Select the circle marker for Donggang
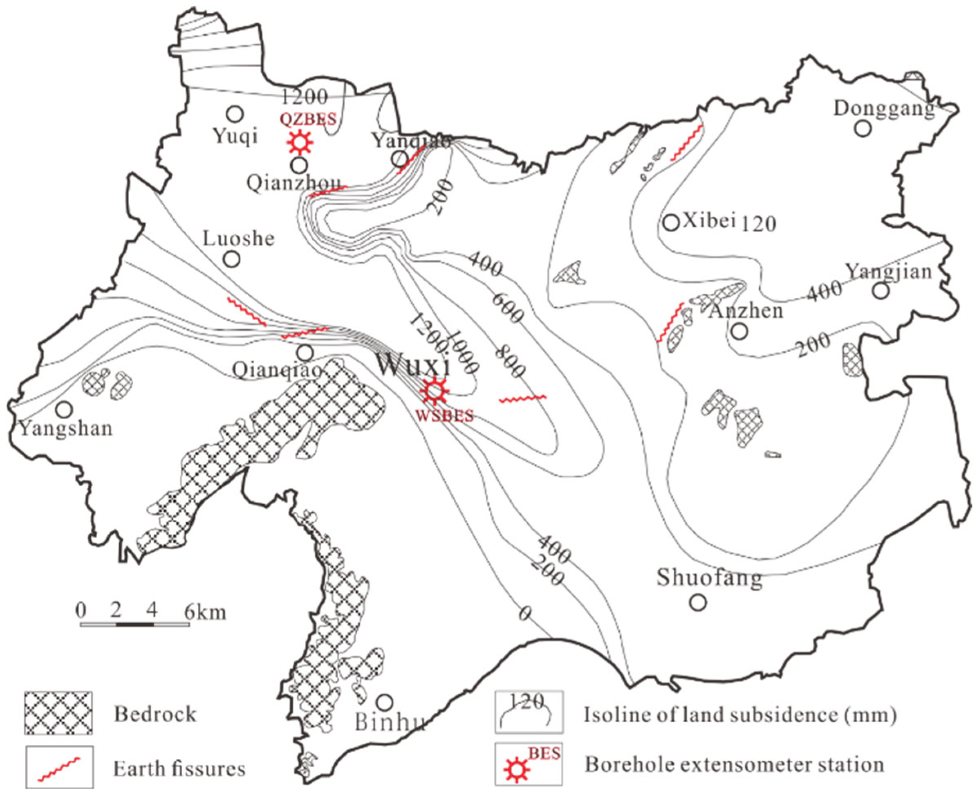click(863, 128)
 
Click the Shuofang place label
click(709, 578)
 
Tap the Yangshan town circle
click(65, 409)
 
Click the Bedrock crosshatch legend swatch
click(58, 713)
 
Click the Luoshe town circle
click(232, 259)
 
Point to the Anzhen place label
click(746, 311)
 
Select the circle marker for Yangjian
click(881, 291)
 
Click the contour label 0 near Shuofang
click(525, 613)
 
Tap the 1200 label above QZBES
click(305, 96)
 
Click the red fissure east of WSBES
click(523, 399)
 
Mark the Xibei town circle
click(671, 222)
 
